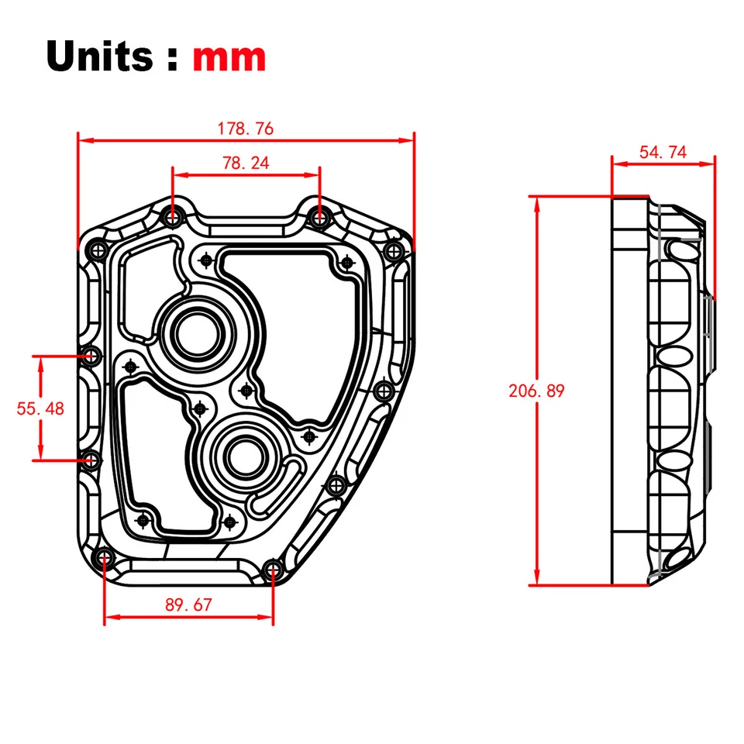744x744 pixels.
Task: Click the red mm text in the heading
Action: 229,58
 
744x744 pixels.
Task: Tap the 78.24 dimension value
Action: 246,163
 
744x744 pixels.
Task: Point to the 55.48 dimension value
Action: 40,408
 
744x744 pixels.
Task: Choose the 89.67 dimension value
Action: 188,605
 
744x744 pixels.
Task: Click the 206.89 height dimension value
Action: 536,391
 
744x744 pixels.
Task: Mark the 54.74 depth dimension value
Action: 663,152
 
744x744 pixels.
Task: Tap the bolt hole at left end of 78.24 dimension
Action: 172,218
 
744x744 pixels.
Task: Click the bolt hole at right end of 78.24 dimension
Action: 319,218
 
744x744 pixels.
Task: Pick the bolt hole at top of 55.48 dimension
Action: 92,356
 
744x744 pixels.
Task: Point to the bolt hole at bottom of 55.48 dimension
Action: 91,460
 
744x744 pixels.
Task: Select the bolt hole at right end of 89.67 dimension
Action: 272,571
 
